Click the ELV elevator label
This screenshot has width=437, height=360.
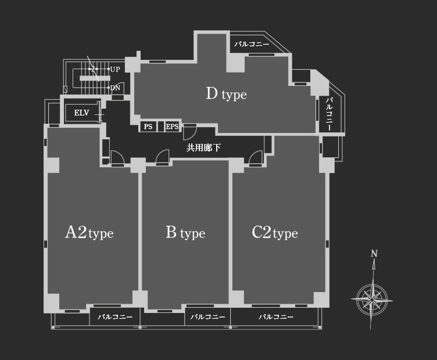click(x=81, y=113)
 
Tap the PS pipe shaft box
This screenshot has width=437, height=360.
click(x=148, y=127)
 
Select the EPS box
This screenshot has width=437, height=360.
click(x=172, y=127)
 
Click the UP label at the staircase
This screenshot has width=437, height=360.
click(x=115, y=69)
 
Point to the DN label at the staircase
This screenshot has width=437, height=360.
click(x=115, y=88)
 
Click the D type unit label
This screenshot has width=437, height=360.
click(x=226, y=94)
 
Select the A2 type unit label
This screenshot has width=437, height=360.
click(x=89, y=232)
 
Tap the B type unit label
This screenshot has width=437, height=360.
click(x=185, y=232)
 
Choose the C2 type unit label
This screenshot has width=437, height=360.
click(x=275, y=232)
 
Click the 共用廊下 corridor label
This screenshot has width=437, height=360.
click(x=203, y=147)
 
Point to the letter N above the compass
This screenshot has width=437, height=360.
click(x=374, y=254)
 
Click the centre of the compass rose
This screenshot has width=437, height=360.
click(x=372, y=300)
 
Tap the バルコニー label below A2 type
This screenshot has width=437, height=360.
click(x=115, y=317)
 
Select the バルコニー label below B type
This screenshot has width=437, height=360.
click(x=207, y=317)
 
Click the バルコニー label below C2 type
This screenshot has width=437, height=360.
click(x=276, y=317)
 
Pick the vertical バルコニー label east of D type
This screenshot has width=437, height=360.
click(x=329, y=114)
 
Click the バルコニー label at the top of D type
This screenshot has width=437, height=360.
click(x=252, y=44)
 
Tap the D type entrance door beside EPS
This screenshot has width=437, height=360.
click(x=190, y=131)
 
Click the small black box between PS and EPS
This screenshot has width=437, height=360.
click(x=161, y=127)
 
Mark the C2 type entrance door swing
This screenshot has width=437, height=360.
click(x=255, y=158)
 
